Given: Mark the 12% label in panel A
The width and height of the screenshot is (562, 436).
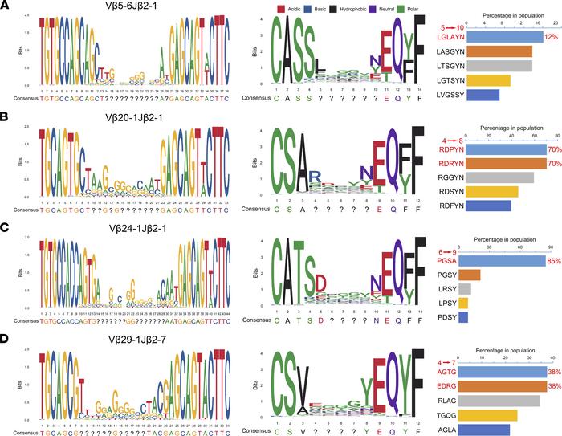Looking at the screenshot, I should [551, 37].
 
